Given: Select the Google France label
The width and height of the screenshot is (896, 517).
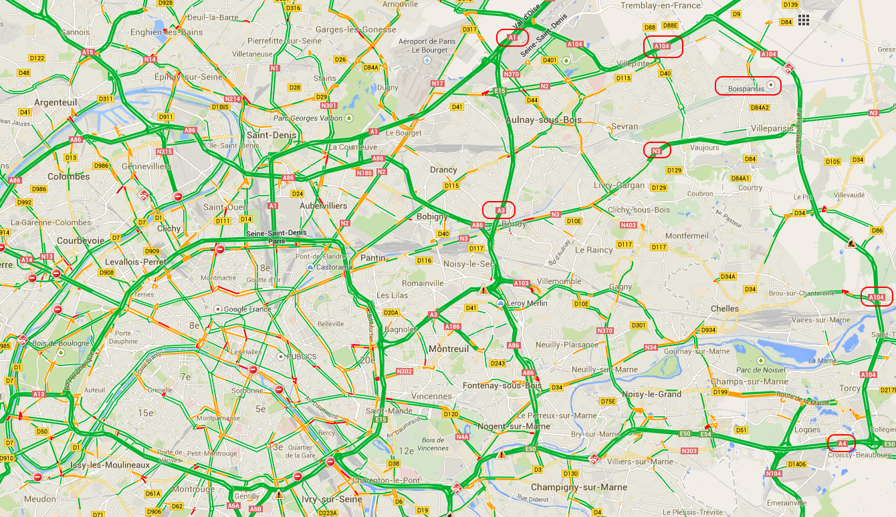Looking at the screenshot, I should pos(247,309).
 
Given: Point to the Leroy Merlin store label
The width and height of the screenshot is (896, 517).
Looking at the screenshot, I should pos(528,303).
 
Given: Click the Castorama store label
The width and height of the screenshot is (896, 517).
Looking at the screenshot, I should pos(334,267).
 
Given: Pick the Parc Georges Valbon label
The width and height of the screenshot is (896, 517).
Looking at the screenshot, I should pos(307,118).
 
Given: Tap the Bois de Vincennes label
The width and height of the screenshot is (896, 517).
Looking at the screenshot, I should pos(433,444).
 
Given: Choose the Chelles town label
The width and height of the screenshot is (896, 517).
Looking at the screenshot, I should pos(725,309).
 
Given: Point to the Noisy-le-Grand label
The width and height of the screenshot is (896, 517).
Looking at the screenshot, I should pos(651,394).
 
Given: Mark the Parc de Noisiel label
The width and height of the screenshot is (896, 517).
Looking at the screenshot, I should pos(760,370).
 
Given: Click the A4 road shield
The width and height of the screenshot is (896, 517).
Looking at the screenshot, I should pos(842,443).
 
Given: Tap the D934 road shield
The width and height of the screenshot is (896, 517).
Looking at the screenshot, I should pos(707,330).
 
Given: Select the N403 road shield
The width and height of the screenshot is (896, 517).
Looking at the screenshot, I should pos(628,225).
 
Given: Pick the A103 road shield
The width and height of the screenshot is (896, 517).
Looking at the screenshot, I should pos(522,284).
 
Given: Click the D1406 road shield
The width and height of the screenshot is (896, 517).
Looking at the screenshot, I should pos(796,464).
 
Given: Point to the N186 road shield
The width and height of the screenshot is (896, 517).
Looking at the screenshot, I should pos(364,173).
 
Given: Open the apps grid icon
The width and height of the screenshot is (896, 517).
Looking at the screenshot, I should pos(804,21).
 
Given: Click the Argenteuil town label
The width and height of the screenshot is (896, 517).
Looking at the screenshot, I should pos(55,102).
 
